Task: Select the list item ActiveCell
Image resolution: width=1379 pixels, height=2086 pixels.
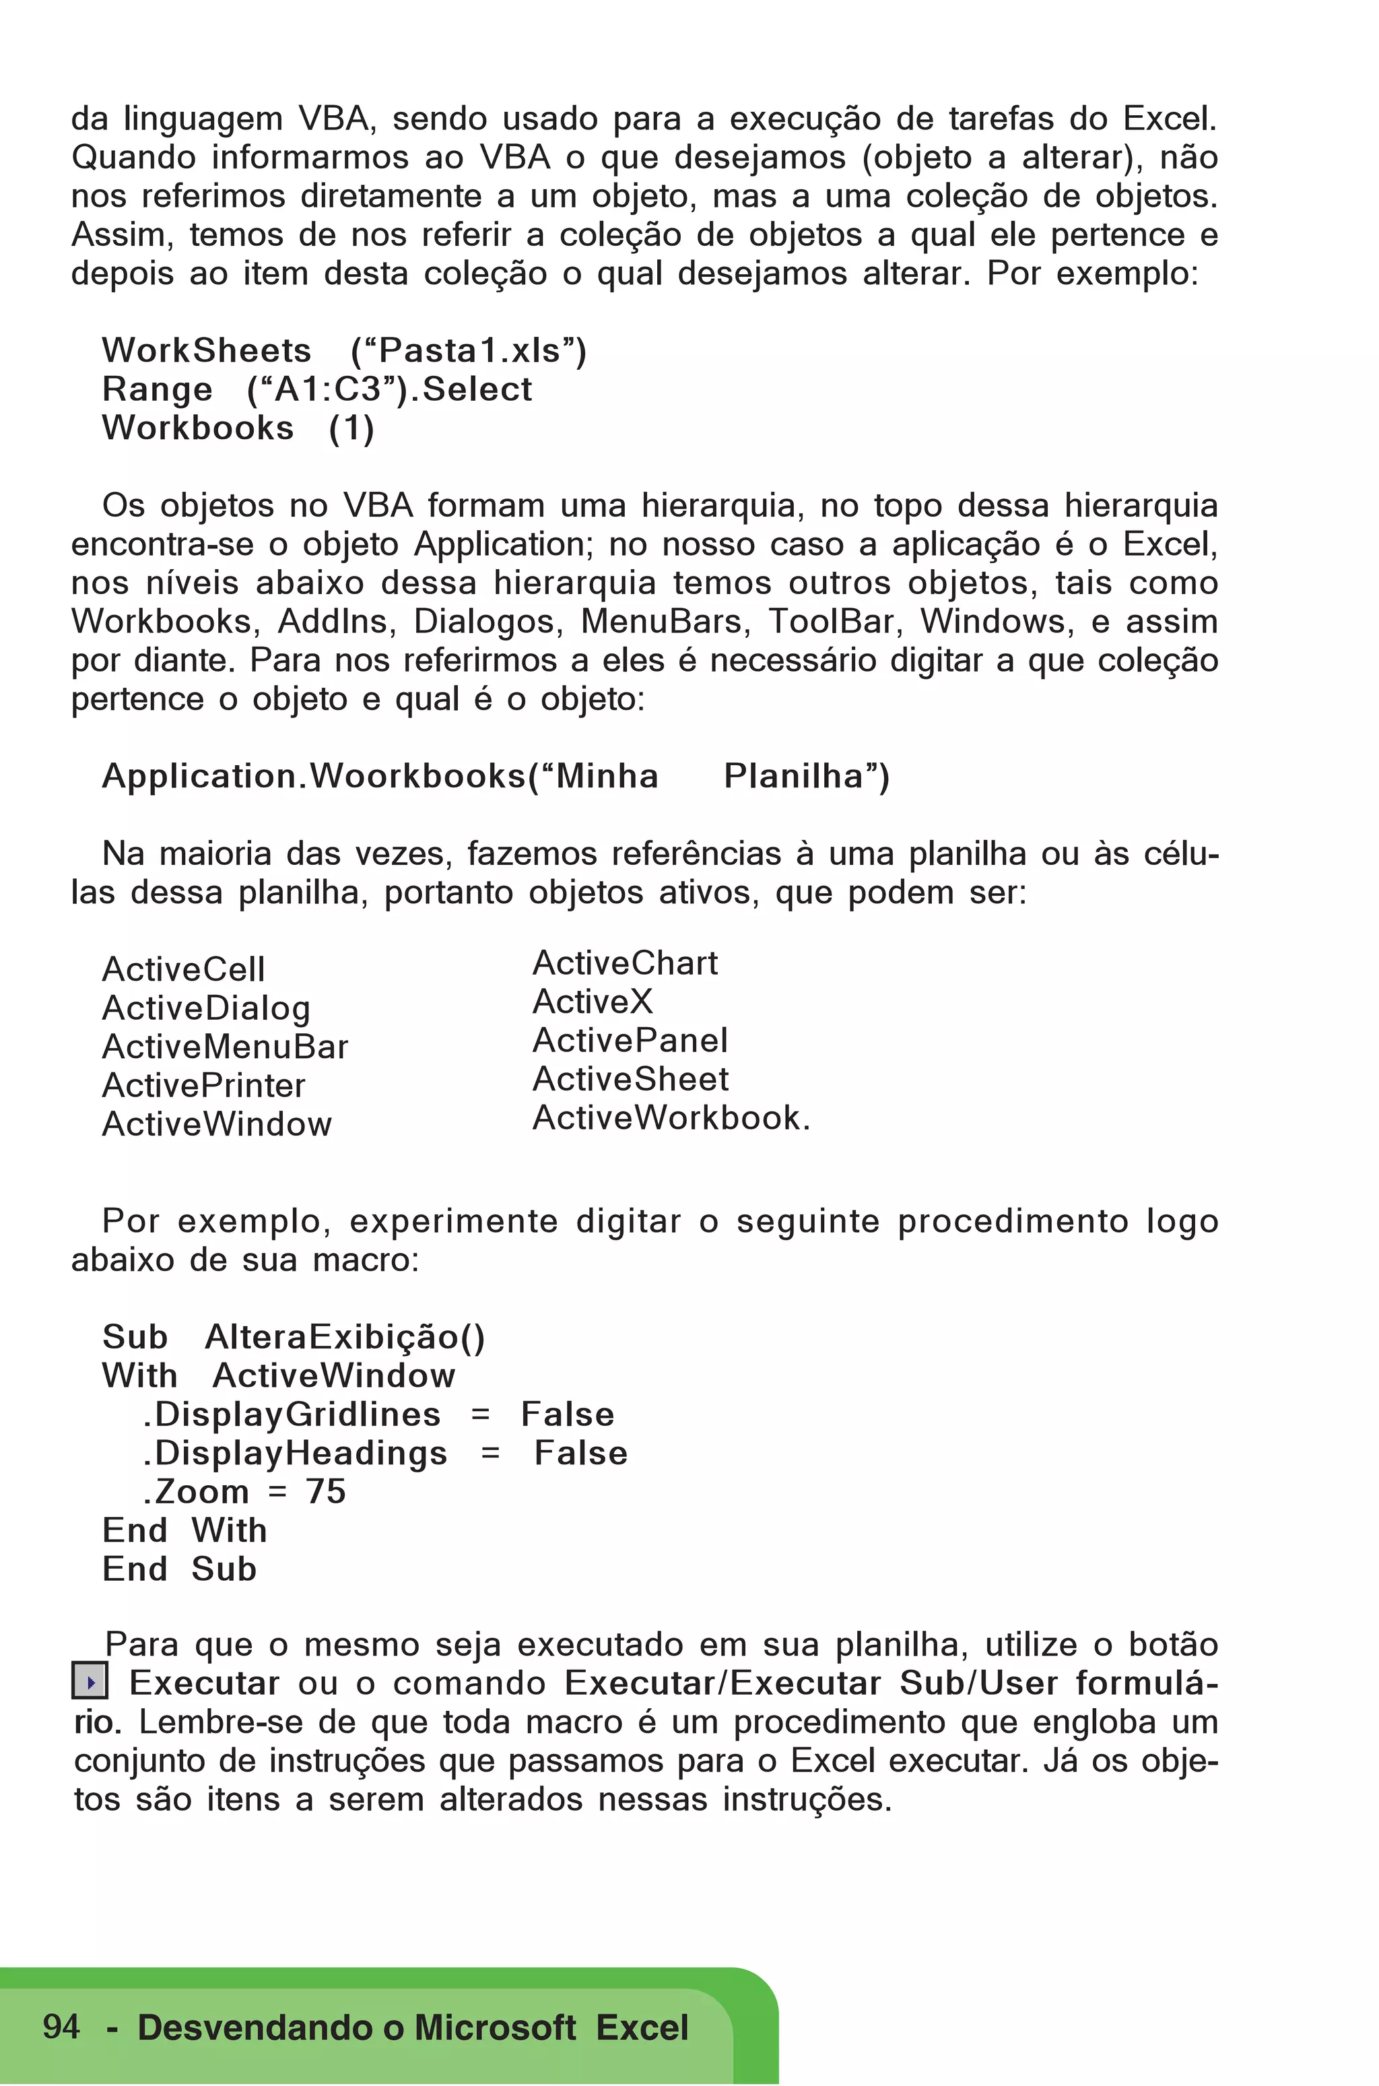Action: coord(183,969)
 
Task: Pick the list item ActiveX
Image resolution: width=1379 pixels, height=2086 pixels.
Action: coord(593,1001)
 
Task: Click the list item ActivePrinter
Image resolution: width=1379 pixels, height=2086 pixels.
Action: coord(203,1086)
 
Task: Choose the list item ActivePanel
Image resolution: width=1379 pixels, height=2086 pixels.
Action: coord(630,1040)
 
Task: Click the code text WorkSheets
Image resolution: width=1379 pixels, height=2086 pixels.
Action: coord(207,350)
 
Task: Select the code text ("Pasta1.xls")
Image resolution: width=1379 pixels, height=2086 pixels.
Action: coord(468,350)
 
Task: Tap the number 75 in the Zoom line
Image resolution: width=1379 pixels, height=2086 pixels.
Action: coord(325,1491)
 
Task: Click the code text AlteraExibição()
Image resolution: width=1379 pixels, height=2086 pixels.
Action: coord(345,1336)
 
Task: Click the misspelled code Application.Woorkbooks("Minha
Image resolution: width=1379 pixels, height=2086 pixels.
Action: coord(380,776)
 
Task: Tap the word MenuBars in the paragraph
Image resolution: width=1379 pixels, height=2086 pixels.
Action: coord(665,621)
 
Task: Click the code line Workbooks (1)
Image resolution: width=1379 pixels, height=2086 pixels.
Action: coord(238,428)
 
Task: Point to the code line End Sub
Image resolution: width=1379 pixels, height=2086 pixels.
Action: coord(179,1569)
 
